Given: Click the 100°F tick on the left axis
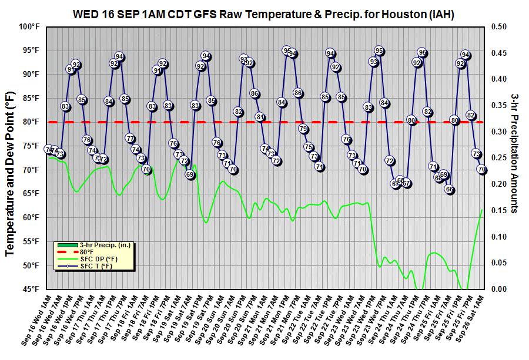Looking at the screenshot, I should point(29,26).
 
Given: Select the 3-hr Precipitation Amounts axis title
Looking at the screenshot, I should point(514,153).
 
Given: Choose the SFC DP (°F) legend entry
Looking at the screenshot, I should point(98,259).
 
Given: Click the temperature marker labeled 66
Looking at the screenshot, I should point(449,189).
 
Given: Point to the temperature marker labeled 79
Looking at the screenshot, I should point(303,129).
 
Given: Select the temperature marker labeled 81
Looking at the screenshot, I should point(260,117).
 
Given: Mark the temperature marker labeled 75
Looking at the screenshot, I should point(309,147).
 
